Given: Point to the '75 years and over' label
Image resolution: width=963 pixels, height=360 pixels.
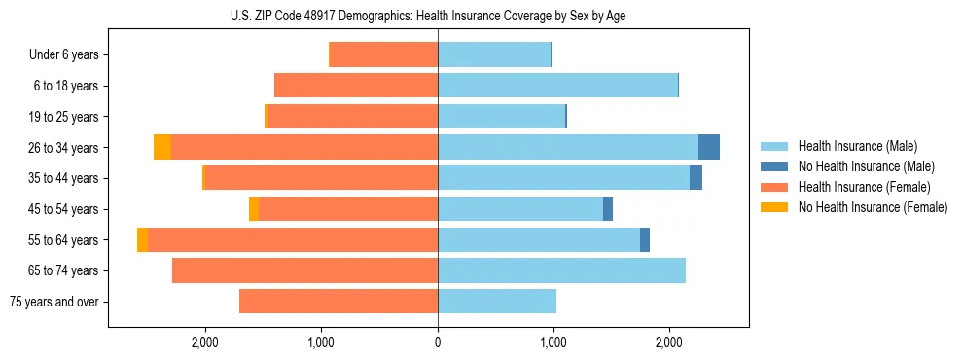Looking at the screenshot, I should pyautogui.click(x=54, y=302).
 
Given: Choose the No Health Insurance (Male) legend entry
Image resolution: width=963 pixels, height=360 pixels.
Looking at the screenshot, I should pyautogui.click(x=859, y=166).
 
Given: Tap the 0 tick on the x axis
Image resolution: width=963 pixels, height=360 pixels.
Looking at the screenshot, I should pyautogui.click(x=438, y=342).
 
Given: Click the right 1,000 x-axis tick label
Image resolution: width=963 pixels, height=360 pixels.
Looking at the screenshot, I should pyautogui.click(x=553, y=342).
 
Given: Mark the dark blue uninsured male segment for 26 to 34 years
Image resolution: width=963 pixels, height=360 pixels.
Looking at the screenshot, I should pyautogui.click(x=709, y=147).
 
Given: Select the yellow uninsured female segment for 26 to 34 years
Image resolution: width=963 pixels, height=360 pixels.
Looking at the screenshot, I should pyautogui.click(x=162, y=147).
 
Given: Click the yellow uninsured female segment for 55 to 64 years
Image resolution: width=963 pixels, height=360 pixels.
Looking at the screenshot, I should pyautogui.click(x=143, y=239).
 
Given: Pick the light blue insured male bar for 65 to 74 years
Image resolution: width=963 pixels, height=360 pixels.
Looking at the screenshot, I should pyautogui.click(x=561, y=270).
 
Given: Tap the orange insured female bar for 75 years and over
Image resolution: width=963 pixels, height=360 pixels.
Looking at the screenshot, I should pyautogui.click(x=339, y=302).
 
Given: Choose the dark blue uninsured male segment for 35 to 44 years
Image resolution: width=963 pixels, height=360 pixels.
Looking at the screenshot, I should pyautogui.click(x=695, y=178).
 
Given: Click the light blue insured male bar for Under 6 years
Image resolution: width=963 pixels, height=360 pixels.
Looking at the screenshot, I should pyautogui.click(x=494, y=54).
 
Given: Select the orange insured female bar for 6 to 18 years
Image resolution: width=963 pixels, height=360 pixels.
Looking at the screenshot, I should pyautogui.click(x=356, y=86).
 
